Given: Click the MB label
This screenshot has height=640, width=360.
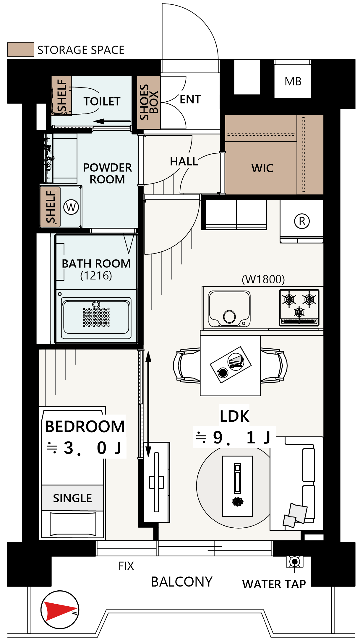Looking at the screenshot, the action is coord(293,82).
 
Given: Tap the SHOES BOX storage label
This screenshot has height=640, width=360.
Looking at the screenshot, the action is coord(149,102).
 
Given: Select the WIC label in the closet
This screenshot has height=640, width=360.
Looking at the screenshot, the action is coord(262,168).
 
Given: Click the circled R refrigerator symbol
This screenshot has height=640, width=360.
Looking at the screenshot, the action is coord(302,221).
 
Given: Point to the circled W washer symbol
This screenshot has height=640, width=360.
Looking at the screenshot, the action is coord(71,207).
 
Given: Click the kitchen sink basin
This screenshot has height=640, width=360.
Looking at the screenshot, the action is coord(229,308).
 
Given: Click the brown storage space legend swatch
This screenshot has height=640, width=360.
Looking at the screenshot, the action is coord(21,49).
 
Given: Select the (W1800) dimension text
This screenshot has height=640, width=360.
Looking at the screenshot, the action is coord(263,279).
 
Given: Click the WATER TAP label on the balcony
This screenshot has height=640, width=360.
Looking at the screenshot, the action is coord(274,584).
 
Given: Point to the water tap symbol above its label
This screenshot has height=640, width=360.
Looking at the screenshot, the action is coord(294,562).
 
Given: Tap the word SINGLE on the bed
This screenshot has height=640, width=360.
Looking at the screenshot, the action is coord(72,498).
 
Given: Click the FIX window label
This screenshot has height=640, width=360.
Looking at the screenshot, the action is coord(126,566).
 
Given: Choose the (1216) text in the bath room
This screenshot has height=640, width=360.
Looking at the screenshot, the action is coord(96,276).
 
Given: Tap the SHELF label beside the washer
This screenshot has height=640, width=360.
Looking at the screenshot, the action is coord(51,207).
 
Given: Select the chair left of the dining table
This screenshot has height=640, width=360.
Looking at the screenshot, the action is coord(187,366).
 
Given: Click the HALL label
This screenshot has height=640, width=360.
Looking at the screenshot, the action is coord(184,161).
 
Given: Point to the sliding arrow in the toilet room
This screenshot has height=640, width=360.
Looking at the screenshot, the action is coord(112,121).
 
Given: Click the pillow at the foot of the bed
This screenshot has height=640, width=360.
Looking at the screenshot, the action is coord(73,524).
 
